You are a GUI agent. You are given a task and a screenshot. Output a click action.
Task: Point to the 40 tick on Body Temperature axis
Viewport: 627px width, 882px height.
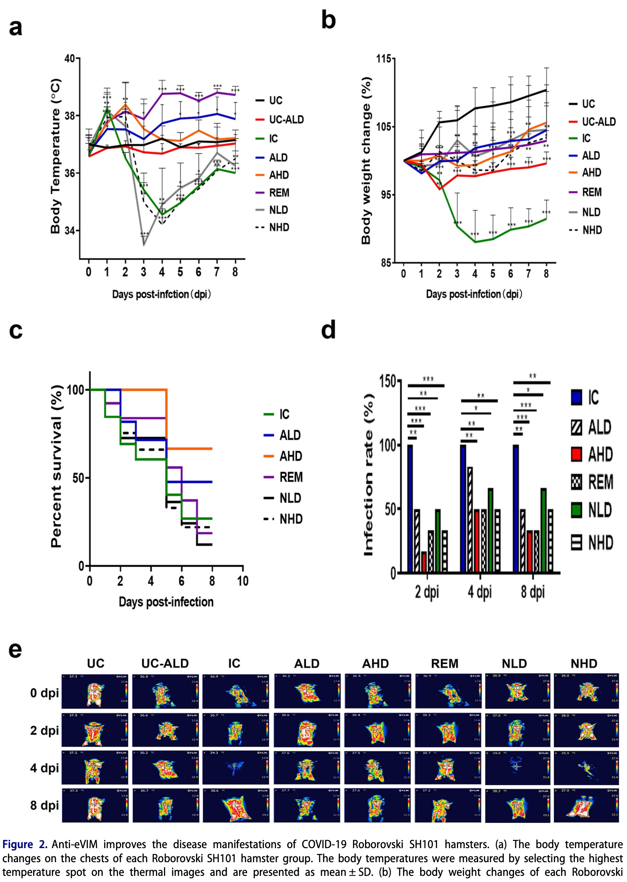pyautogui.click(x=70, y=59)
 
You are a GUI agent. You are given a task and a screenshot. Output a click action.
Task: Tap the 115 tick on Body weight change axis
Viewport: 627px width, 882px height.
pyautogui.click(x=383, y=59)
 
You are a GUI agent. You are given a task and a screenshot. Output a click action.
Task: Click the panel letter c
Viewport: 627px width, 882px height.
pyautogui.click(x=16, y=330)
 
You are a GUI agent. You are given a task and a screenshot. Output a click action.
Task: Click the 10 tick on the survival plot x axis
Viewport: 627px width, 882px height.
pyautogui.click(x=243, y=581)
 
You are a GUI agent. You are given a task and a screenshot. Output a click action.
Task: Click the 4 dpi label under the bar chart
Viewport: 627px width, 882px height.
pyautogui.click(x=480, y=592)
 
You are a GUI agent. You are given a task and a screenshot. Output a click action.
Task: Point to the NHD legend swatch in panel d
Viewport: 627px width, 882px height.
pyautogui.click(x=577, y=542)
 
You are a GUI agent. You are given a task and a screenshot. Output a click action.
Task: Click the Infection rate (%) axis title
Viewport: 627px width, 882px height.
pyautogui.click(x=369, y=475)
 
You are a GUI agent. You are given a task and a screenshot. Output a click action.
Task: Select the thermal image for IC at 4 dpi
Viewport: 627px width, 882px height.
pyautogui.click(x=236, y=767)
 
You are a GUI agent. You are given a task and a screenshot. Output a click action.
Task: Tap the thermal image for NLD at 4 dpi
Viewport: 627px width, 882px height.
pyautogui.click(x=518, y=767)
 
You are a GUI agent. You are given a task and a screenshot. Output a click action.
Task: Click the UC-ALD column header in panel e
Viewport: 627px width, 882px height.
pyautogui.click(x=165, y=664)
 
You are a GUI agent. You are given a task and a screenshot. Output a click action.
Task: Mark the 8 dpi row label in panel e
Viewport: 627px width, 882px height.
pyautogui.click(x=44, y=806)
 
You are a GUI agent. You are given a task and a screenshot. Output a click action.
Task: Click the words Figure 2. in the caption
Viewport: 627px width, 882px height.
pyautogui.click(x=25, y=845)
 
